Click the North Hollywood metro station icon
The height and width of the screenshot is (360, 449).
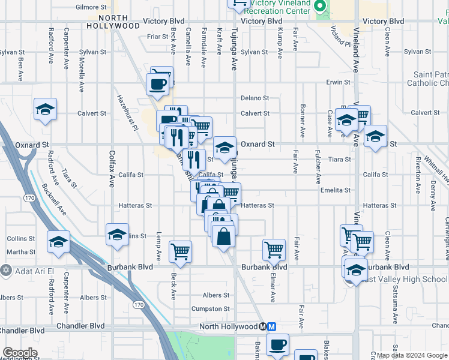(267, 327)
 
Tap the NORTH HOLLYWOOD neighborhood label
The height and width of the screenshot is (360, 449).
(113, 22)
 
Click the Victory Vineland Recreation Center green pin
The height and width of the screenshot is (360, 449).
(320, 7)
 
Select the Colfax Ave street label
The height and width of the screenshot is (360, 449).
(112, 172)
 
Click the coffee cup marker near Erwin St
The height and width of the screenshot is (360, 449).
(158, 83)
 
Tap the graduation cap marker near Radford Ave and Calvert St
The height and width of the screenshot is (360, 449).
(45, 109)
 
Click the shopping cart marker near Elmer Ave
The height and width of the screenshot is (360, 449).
(274, 249)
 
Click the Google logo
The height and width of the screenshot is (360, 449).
(20, 352)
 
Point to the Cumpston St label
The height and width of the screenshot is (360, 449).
(210, 308)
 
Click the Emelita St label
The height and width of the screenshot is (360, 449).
(336, 190)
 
